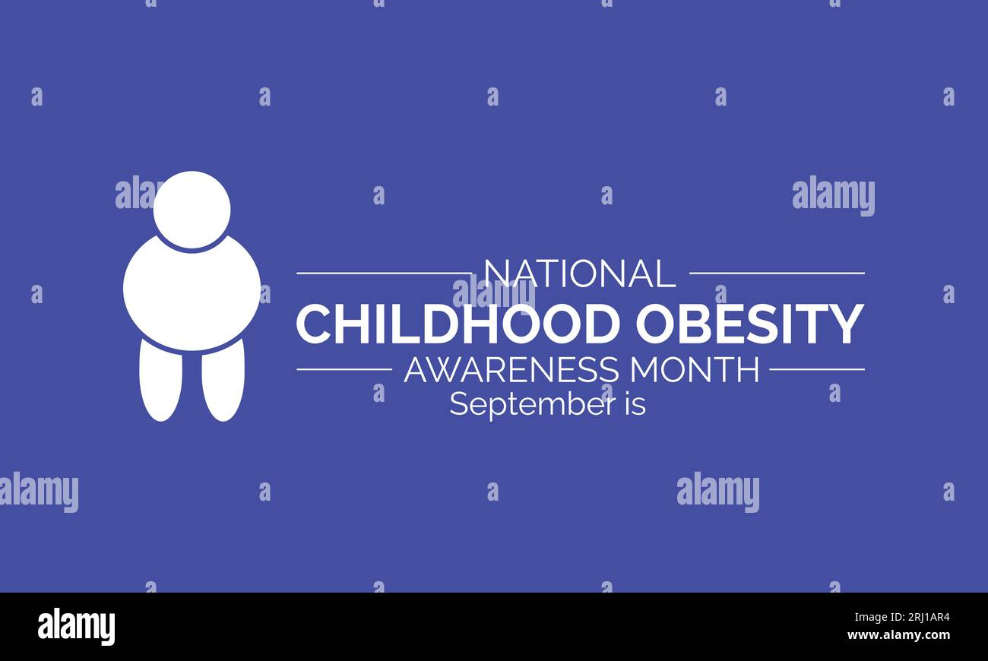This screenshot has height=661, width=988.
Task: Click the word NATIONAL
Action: click(579, 274)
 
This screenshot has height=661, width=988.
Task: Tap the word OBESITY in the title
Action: click(749, 324)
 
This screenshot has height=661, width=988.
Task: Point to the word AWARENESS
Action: click(511, 370)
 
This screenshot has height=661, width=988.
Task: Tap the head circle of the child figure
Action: click(192, 210)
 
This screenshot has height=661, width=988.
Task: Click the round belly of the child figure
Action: click(192, 293)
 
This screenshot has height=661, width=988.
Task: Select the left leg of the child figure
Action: click(160, 380)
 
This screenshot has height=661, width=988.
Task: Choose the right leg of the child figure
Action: click(223, 380)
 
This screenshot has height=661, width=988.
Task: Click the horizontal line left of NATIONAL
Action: click(384, 273)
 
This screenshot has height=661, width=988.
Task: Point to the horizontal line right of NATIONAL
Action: click(776, 273)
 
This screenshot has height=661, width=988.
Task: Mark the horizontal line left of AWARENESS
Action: click(344, 369)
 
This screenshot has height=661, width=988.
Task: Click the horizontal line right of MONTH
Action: click(816, 369)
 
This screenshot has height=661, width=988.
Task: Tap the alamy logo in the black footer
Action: click(76, 628)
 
